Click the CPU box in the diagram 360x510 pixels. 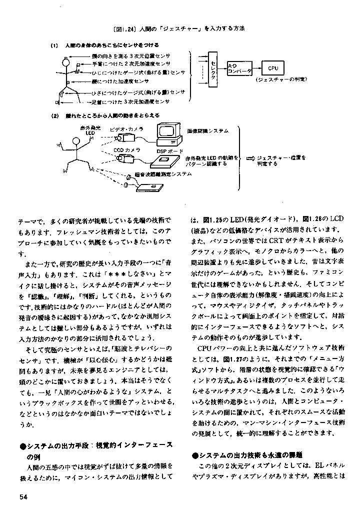coord(272,68)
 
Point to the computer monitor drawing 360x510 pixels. coord(169,131)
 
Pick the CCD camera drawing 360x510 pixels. coord(124,158)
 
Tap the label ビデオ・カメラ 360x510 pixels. coord(123,128)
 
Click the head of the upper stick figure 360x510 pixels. coord(65,63)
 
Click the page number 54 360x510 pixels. coord(24,496)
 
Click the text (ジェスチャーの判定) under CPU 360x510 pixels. coord(274,79)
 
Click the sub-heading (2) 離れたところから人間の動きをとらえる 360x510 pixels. coord(105,115)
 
